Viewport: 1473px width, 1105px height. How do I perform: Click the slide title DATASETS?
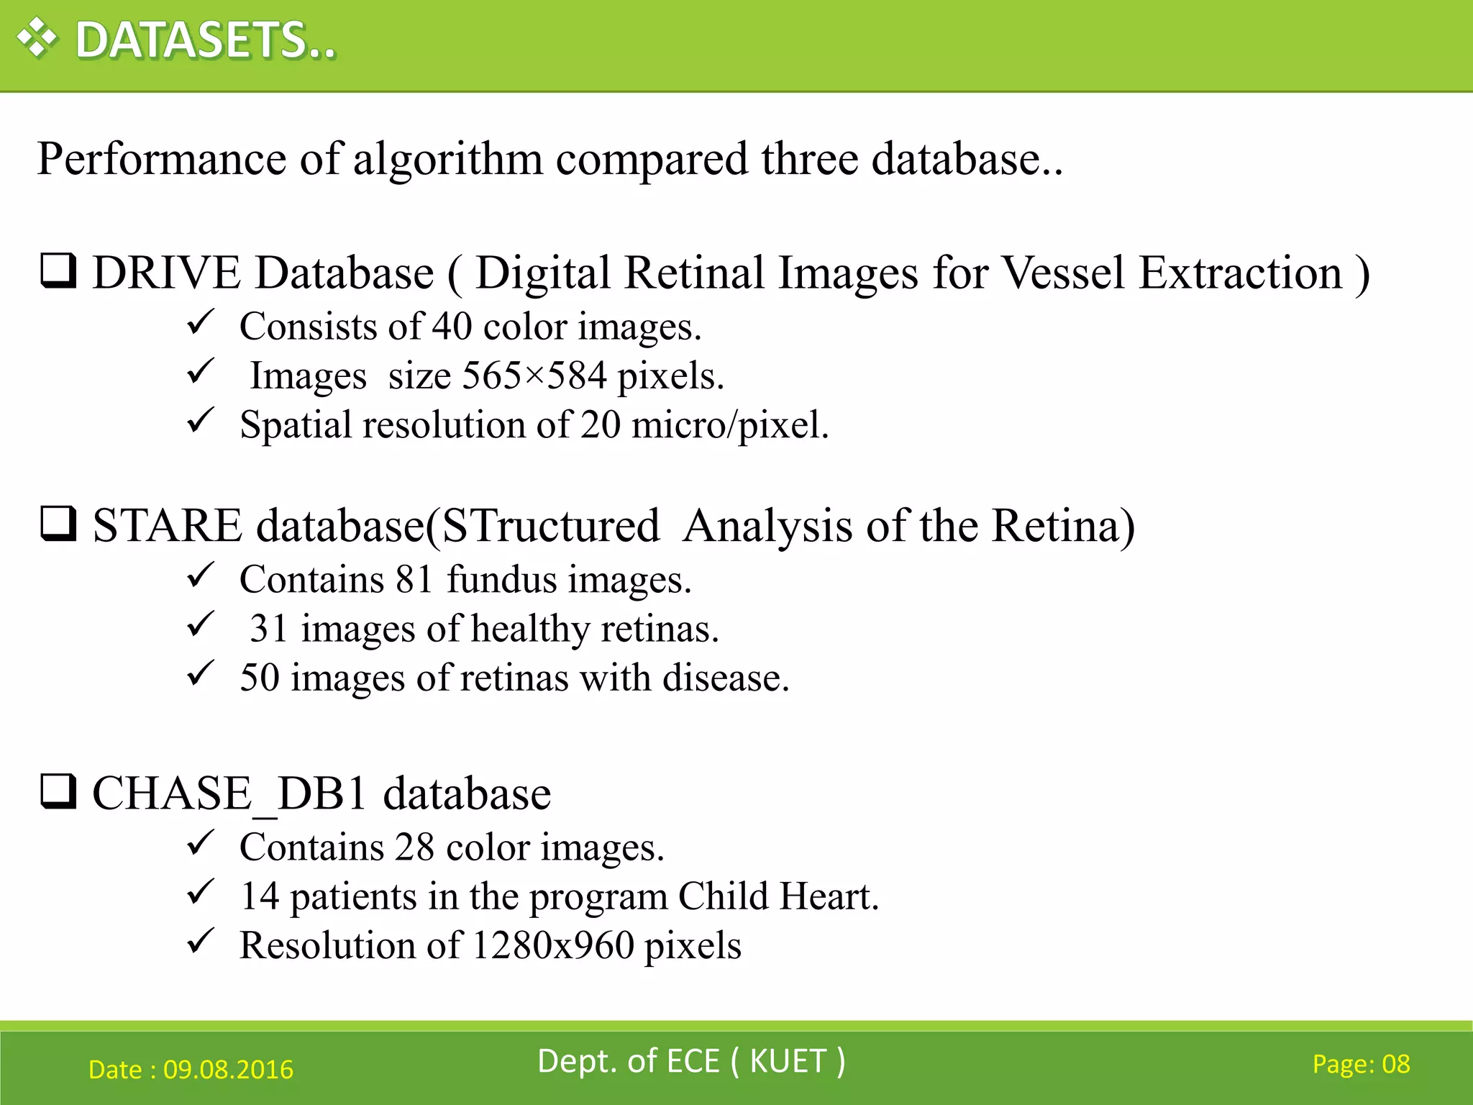[x=206, y=40]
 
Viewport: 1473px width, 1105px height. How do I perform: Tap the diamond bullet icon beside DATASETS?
[x=37, y=38]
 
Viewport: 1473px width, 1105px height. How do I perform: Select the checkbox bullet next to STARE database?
[x=58, y=524]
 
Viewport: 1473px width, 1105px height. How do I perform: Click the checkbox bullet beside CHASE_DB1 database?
[x=58, y=791]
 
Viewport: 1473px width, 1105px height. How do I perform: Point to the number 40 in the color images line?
[x=451, y=327]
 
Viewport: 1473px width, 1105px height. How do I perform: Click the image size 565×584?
[x=534, y=376]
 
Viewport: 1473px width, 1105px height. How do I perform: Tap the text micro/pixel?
[x=729, y=424]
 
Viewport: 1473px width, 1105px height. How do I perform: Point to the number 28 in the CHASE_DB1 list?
[x=414, y=847]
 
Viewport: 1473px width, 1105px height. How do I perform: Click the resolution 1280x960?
[x=552, y=945]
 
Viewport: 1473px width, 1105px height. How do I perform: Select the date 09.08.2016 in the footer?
[x=228, y=1070]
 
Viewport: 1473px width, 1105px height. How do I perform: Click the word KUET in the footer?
[x=788, y=1061]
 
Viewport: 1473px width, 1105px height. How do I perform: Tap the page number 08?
[x=1395, y=1064]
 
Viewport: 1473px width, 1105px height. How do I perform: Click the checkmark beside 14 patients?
[x=201, y=893]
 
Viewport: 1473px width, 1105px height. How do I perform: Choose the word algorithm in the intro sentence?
[x=447, y=159]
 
